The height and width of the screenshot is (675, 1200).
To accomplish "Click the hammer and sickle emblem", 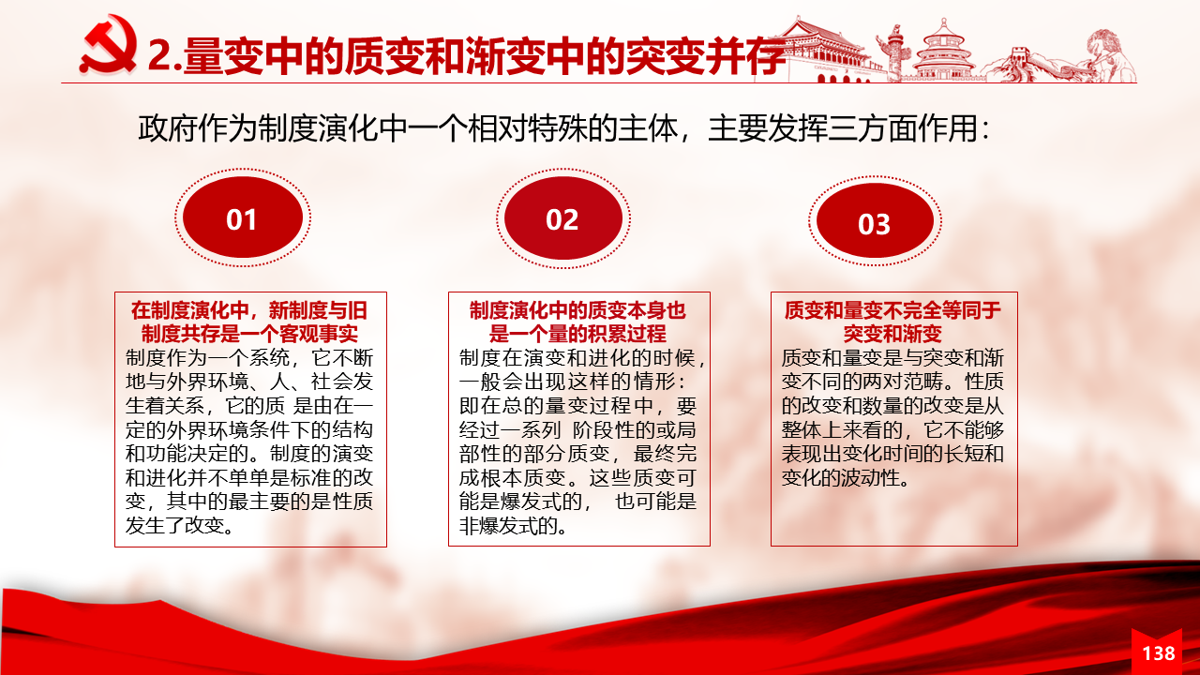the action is pos(108,45).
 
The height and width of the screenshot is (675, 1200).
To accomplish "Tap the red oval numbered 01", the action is pos(243,217).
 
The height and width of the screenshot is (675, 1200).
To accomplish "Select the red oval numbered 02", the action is pos(563,218).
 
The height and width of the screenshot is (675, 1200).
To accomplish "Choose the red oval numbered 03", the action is pos(875,220).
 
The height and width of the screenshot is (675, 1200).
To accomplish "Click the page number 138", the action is pos(1159,653).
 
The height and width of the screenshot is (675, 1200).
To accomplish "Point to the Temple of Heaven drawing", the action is pos(943,50).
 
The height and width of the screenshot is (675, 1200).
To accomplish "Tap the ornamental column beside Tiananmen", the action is pos(893,53).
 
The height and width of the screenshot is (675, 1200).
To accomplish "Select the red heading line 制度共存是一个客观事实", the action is pos(249,335).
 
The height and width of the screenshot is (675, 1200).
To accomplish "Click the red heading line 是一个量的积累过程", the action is pos(577,335).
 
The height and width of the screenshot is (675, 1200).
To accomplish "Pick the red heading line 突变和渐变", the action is pos(892,335).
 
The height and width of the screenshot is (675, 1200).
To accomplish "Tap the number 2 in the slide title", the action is pos(159,55).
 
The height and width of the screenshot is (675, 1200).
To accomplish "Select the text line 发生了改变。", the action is pos(180,526).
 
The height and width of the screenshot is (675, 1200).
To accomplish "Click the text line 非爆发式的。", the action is pos(513,526).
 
